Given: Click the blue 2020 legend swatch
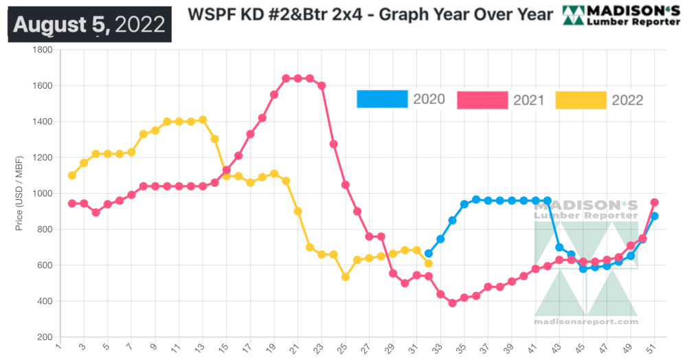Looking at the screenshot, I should [x=382, y=99].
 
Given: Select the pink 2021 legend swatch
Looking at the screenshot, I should [x=482, y=99].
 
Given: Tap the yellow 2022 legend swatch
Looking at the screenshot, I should [x=581, y=99].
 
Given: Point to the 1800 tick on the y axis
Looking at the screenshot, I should [x=43, y=50].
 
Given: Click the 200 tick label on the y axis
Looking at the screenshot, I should [x=45, y=337].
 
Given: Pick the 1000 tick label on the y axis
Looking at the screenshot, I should [x=43, y=194].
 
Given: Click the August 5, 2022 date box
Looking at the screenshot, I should [x=90, y=25].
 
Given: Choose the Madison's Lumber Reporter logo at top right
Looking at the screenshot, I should [x=621, y=14].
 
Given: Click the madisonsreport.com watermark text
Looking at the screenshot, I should [x=586, y=322].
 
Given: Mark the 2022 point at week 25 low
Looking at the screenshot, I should [x=345, y=277].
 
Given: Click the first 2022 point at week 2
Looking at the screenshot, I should [x=72, y=175].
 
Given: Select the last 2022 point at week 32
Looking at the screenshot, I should [x=428, y=263].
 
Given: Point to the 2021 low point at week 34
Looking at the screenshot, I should [x=452, y=303].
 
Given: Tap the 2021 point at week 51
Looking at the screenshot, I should [x=654, y=203].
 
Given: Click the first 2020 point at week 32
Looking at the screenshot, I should [x=428, y=254].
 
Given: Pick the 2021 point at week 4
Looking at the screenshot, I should [x=95, y=212].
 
